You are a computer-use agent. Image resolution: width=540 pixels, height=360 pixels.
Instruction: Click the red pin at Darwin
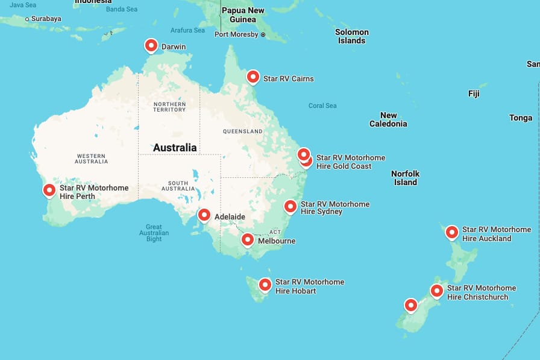tap(151, 46)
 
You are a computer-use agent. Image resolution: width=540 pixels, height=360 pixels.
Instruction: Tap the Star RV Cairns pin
tap(253, 77)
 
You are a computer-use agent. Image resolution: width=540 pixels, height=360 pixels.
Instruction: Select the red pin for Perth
tap(49, 191)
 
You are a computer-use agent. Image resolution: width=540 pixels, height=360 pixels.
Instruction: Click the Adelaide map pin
tap(204, 215)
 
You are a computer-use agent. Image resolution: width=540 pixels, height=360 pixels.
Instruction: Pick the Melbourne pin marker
tap(247, 240)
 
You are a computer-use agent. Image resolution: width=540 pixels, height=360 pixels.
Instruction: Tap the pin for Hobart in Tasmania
tap(265, 285)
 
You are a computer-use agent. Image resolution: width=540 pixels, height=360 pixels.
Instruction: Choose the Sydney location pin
tap(290, 207)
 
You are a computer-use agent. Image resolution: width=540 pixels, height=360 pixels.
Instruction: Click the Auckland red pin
tap(451, 232)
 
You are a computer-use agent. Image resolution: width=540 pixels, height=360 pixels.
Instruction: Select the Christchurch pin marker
tap(436, 291)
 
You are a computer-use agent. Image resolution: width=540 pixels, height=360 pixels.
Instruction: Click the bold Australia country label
tap(175, 148)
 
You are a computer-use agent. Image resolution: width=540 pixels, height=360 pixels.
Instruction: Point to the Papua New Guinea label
tap(243, 14)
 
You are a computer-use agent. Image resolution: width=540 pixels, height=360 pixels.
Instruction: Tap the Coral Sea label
tap(322, 106)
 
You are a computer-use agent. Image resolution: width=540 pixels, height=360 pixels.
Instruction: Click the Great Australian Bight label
tap(154, 233)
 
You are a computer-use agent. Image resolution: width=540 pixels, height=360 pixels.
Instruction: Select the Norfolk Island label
tap(405, 178)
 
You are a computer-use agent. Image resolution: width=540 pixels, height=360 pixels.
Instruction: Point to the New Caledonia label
tap(388, 119)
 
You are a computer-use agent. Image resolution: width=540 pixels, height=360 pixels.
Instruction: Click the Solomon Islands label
tap(352, 36)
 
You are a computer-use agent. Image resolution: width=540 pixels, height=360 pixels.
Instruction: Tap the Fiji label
tap(474, 93)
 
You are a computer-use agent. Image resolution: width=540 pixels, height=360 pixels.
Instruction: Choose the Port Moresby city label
tap(236, 34)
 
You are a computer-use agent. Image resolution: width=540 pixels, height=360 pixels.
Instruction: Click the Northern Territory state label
tap(169, 107)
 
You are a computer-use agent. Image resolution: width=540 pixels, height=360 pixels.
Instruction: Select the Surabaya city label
tap(46, 19)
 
